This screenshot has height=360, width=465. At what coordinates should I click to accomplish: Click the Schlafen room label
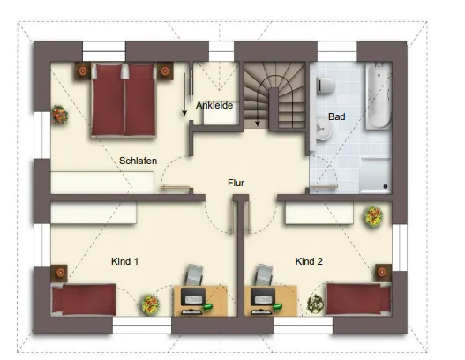pyautogui.click(x=138, y=161)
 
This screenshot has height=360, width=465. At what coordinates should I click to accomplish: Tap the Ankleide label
pyautogui.click(x=214, y=105)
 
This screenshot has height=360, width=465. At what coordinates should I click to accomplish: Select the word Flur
pyautogui.click(x=236, y=183)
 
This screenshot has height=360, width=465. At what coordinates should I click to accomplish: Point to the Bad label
pyautogui.click(x=336, y=116)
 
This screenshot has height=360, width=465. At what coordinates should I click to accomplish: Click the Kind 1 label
pyautogui.click(x=124, y=261)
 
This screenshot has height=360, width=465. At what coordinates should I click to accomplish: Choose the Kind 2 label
pyautogui.click(x=309, y=261)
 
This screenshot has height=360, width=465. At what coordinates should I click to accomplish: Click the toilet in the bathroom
pyautogui.click(x=326, y=85)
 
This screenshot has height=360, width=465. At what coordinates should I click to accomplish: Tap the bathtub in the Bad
pyautogui.click(x=379, y=96)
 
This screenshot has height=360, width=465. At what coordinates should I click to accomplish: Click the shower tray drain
pyautogui.click(x=386, y=186)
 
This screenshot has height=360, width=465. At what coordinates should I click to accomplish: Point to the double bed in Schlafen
pyautogui.click(x=124, y=100)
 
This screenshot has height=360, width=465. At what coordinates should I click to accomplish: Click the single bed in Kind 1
pyautogui.click(x=84, y=299)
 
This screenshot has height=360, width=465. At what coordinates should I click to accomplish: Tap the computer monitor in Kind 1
pyautogui.click(x=193, y=296)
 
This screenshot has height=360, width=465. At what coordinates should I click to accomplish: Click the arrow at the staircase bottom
pyautogui.click(x=258, y=122)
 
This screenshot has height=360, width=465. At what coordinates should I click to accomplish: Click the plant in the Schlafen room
pyautogui.click(x=60, y=114)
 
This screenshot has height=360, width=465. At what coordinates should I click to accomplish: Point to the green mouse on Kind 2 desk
pyautogui.click(x=277, y=306)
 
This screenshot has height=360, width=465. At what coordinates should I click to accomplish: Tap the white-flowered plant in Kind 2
pyautogui.click(x=315, y=304)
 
